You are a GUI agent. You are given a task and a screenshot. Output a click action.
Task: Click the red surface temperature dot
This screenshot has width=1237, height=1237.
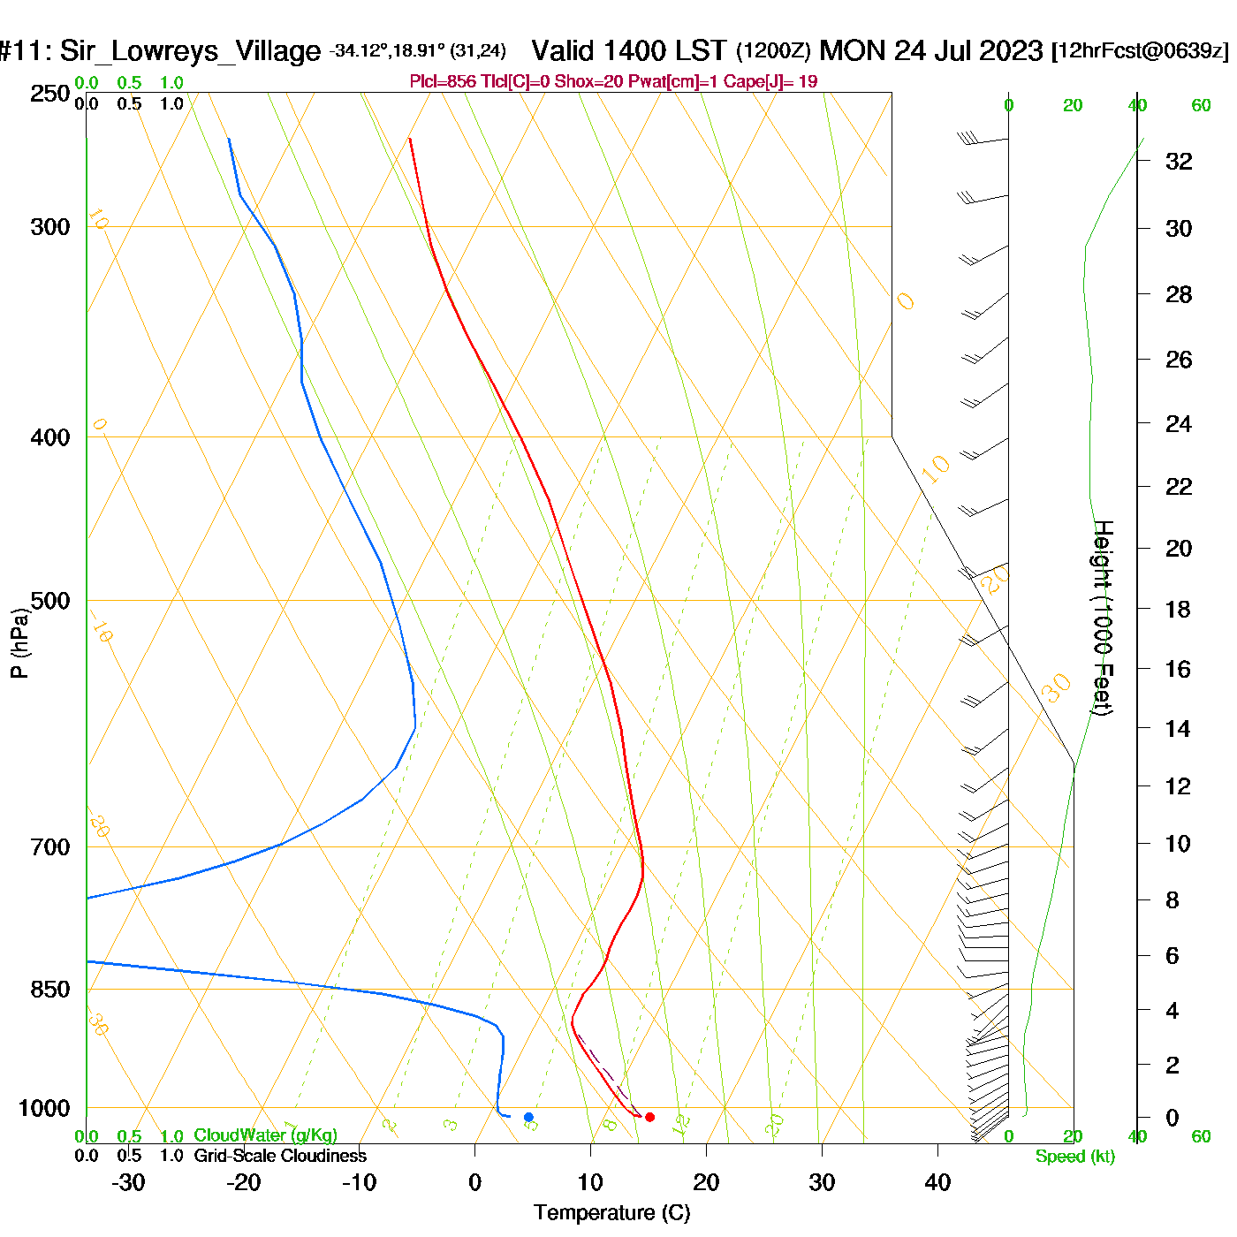(649, 1117)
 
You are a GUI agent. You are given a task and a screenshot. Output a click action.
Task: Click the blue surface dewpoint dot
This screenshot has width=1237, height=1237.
(528, 1117)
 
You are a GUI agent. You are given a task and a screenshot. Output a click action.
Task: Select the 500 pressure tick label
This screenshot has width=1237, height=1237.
(50, 601)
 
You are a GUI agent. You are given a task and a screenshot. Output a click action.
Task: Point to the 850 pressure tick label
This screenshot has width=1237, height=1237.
(50, 990)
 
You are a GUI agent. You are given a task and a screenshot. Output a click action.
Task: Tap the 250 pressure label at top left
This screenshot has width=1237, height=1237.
(50, 94)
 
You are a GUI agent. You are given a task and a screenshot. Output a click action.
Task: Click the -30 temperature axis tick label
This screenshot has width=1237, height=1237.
(128, 1182)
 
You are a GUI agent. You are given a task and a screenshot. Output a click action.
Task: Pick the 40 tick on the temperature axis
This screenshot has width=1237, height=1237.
(937, 1182)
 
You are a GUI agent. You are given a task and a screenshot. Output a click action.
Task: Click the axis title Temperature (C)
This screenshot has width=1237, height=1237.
(611, 1213)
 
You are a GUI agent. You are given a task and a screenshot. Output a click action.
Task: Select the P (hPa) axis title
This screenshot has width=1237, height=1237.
(19, 643)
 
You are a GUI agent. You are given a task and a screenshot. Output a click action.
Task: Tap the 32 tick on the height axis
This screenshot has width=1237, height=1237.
(1179, 162)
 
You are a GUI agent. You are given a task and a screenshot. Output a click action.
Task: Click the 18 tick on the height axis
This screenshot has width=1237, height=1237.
(1179, 609)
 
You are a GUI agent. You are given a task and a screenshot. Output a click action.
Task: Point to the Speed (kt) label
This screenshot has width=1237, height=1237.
(1074, 1157)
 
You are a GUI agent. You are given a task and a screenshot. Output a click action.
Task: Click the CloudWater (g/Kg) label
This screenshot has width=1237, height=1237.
(265, 1135)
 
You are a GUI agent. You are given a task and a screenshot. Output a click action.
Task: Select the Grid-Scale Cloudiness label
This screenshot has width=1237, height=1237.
(280, 1156)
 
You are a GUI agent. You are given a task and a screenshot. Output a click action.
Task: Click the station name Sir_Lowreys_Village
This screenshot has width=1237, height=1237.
(190, 51)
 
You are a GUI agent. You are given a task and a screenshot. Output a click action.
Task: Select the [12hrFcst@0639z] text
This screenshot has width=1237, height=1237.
(1140, 50)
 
